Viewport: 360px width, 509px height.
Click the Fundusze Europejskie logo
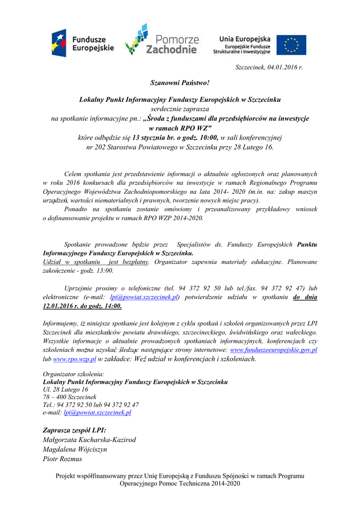point(83,43)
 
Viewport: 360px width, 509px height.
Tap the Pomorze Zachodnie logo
point(162,40)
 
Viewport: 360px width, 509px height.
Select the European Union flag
point(291,45)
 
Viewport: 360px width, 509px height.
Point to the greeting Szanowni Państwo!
point(180,82)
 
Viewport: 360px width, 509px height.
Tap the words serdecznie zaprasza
point(180,109)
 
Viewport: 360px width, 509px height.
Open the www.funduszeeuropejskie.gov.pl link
point(274,350)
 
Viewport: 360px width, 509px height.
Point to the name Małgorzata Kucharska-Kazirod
point(89,439)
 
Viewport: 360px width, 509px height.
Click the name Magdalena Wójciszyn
point(75,449)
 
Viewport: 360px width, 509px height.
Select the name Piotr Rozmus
point(62,459)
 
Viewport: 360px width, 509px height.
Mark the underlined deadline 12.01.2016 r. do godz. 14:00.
point(82,306)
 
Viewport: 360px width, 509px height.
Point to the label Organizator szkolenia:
point(74,374)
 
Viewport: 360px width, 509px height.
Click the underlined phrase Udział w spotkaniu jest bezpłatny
point(96,261)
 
